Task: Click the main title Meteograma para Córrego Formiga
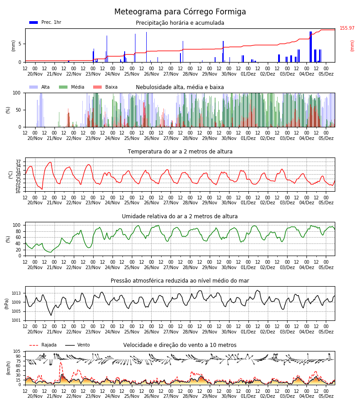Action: click(x=180, y=12)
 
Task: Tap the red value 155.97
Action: click(x=347, y=28)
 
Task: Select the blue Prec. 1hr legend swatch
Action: click(x=34, y=22)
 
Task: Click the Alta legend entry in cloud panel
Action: click(x=40, y=87)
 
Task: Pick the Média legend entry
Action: click(x=72, y=87)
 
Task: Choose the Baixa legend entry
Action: click(x=105, y=87)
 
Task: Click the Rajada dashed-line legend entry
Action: click(x=43, y=345)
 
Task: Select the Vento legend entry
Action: click(x=77, y=345)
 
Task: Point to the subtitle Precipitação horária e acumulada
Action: click(x=180, y=23)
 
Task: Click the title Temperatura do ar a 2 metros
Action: click(x=180, y=152)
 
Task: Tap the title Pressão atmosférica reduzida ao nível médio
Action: click(x=180, y=280)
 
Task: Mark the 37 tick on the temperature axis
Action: click(x=18, y=162)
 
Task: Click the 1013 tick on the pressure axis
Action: click(x=16, y=293)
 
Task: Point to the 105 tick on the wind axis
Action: click(x=17, y=351)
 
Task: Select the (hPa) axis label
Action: click(x=7, y=304)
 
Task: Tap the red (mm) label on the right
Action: click(x=352, y=46)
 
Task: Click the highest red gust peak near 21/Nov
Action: click(x=61, y=362)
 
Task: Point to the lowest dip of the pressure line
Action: click(x=51, y=315)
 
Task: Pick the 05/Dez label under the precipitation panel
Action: click(x=326, y=74)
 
